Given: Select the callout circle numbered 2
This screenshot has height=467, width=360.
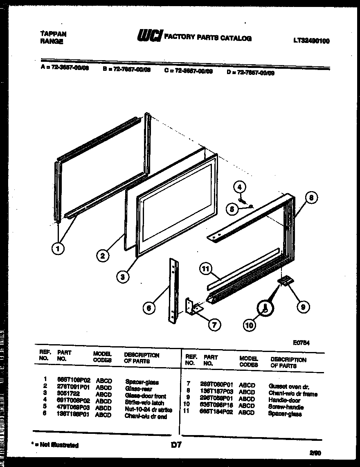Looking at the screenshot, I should coord(103,256).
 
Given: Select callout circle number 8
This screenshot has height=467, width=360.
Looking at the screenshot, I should coord(311,198).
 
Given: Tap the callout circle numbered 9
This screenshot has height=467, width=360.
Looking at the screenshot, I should coord(303,307).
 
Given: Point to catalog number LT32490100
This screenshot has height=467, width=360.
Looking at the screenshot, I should coord(311,41).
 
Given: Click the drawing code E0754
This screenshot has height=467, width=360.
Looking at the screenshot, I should coord(301,343).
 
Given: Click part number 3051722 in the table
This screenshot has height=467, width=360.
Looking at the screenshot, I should coord(68,395).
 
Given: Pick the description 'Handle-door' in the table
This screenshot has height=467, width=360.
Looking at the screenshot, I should coord(284,400).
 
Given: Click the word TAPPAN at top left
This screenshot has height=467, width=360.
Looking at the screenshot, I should coord(54,34).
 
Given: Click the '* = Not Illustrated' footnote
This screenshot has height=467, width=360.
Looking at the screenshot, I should coord(55,445).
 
